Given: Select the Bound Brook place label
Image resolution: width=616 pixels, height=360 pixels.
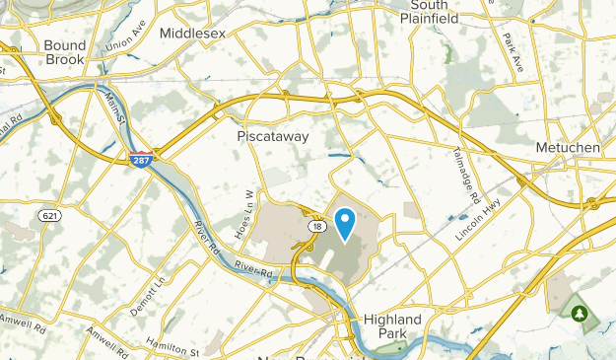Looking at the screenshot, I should click(65, 51).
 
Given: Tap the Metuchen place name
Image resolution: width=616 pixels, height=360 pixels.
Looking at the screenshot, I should click(570, 146).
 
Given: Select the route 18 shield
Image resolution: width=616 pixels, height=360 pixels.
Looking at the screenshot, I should click(313, 226).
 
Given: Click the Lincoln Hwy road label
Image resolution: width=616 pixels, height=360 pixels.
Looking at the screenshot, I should click(479, 224).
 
